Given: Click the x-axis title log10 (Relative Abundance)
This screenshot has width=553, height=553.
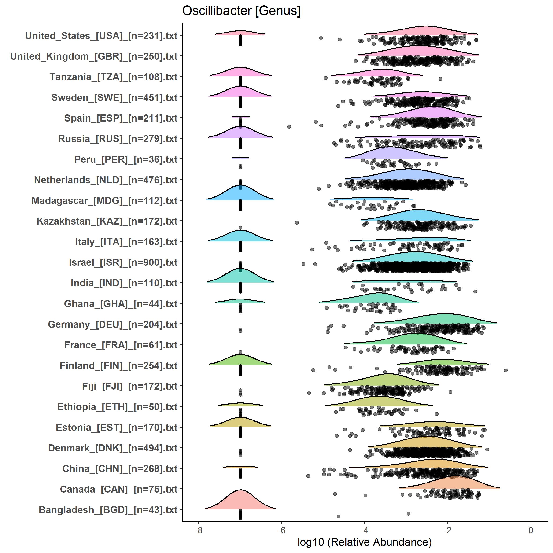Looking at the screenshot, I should click(364, 542).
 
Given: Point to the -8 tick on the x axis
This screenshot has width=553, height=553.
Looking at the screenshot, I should click(198, 530).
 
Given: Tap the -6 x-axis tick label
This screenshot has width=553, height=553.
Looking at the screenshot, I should click(281, 530).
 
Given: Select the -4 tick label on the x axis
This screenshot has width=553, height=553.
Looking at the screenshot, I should click(364, 530).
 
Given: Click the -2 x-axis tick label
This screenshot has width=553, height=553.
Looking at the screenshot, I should click(448, 530).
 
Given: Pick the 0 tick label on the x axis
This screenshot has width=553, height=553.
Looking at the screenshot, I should click(531, 530).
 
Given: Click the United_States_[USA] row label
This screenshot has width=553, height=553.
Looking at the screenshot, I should click(101, 36).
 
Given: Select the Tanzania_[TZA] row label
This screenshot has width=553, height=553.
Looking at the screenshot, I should click(114, 77).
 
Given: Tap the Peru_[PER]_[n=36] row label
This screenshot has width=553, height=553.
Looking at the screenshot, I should click(126, 159).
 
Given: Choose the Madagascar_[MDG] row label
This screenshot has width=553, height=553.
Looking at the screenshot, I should click(104, 201).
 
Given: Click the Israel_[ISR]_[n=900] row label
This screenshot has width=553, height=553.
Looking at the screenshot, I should click(123, 262).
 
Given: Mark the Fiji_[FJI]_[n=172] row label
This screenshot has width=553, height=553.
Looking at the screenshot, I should click(130, 386).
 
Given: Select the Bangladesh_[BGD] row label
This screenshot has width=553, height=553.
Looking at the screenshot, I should click(108, 510).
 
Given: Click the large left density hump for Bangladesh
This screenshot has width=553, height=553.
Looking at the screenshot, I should click(240, 501).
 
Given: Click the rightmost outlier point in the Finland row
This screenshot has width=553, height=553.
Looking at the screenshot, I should click(505, 370).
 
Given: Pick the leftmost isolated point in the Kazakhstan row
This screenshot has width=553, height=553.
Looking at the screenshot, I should click(297, 223).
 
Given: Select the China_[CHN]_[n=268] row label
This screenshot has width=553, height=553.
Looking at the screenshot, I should click(120, 468).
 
